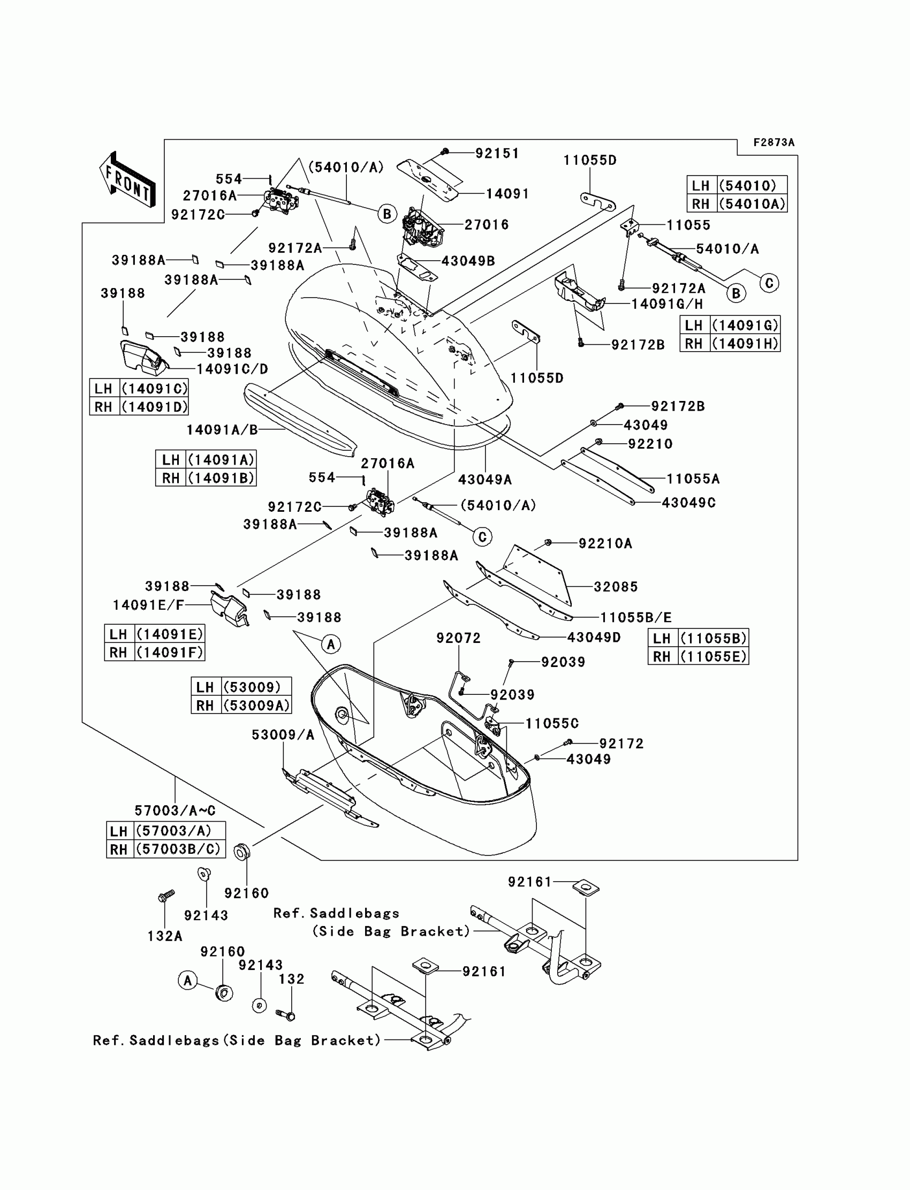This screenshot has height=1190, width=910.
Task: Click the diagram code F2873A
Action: click(x=773, y=142)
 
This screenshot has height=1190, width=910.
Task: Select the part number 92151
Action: click(x=497, y=153)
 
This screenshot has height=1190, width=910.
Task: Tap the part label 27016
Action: click(x=487, y=224)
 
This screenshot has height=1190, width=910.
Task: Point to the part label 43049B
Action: click(x=468, y=261)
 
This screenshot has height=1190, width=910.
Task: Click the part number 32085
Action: click(x=616, y=587)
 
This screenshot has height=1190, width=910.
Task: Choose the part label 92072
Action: click(x=459, y=638)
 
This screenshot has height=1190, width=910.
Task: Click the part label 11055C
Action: click(x=552, y=723)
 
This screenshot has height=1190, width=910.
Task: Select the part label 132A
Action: click(x=165, y=936)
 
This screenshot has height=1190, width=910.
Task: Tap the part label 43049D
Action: click(x=594, y=638)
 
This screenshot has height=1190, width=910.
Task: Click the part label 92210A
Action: click(x=605, y=543)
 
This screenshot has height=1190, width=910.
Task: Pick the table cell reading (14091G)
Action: click(x=745, y=325)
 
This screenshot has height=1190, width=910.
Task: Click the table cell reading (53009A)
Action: click(x=256, y=705)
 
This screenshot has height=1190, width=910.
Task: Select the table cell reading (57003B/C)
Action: click(x=179, y=849)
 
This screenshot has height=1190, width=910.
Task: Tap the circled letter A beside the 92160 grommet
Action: click(x=187, y=980)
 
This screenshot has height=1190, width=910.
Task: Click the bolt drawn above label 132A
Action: click(x=166, y=896)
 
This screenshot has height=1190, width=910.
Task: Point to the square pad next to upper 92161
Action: click(x=586, y=886)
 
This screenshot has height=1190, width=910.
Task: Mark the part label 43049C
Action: click(x=688, y=503)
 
